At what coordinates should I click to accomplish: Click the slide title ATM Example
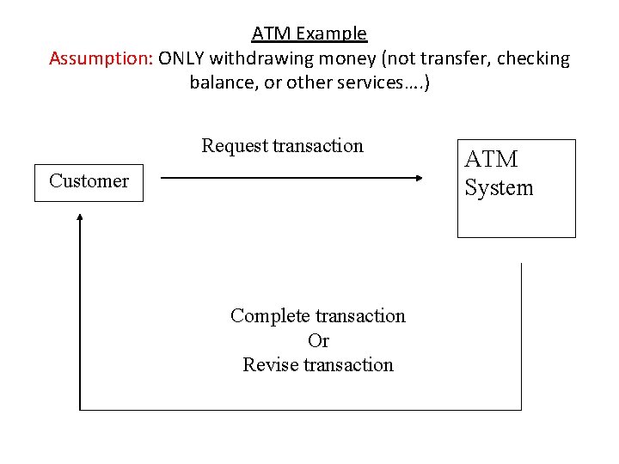[309, 34]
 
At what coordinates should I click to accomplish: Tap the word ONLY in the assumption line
[181, 58]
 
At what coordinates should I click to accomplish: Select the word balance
[222, 83]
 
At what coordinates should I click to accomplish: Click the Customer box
[89, 181]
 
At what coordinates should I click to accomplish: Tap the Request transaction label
[282, 145]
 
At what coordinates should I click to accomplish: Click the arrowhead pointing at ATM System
[419, 178]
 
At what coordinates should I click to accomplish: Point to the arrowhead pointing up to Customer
[80, 219]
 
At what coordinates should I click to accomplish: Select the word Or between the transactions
[318, 340]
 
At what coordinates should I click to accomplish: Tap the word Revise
[267, 364]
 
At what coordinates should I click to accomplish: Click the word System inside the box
[499, 188]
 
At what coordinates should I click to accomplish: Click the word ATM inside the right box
[491, 160]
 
